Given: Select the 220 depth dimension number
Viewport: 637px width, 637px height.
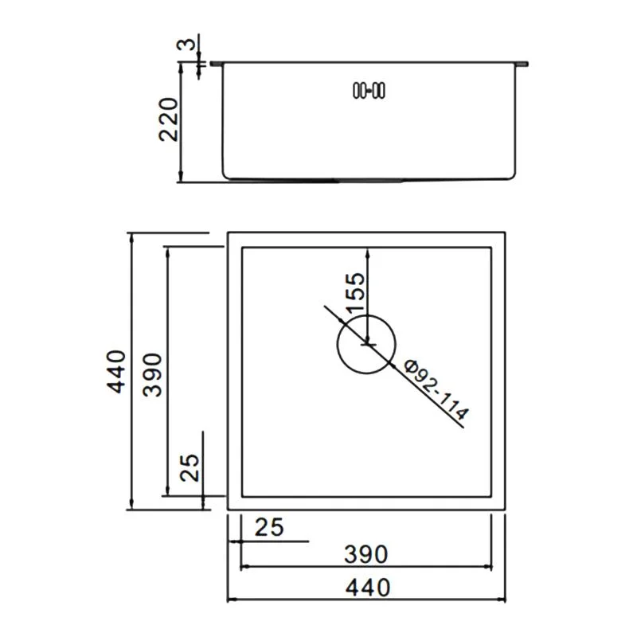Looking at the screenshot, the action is [169, 119].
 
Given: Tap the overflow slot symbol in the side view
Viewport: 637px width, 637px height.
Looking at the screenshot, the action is [369, 90].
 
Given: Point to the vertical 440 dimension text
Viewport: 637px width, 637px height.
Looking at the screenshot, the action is [116, 371].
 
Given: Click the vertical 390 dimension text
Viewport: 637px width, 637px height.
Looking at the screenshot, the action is [154, 374].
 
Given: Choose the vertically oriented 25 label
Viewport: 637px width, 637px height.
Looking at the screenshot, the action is [190, 467].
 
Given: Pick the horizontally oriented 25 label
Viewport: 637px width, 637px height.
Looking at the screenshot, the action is [269, 527].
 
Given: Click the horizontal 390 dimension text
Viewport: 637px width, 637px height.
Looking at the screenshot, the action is [366, 554].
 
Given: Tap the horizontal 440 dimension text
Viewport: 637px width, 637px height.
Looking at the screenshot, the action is [368, 588].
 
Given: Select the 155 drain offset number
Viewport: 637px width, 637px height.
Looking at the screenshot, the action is [355, 291].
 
